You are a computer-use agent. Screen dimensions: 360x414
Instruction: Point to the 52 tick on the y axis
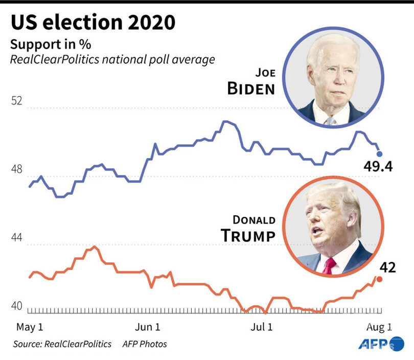17,101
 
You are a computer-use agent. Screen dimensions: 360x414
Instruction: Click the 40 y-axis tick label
17,306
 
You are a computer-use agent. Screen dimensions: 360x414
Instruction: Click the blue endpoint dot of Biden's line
379,153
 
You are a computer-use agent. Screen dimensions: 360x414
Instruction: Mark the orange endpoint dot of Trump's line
379,279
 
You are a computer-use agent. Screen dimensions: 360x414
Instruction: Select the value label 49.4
378,167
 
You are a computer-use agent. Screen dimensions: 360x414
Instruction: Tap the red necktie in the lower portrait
330,265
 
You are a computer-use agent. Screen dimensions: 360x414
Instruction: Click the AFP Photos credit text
145,344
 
